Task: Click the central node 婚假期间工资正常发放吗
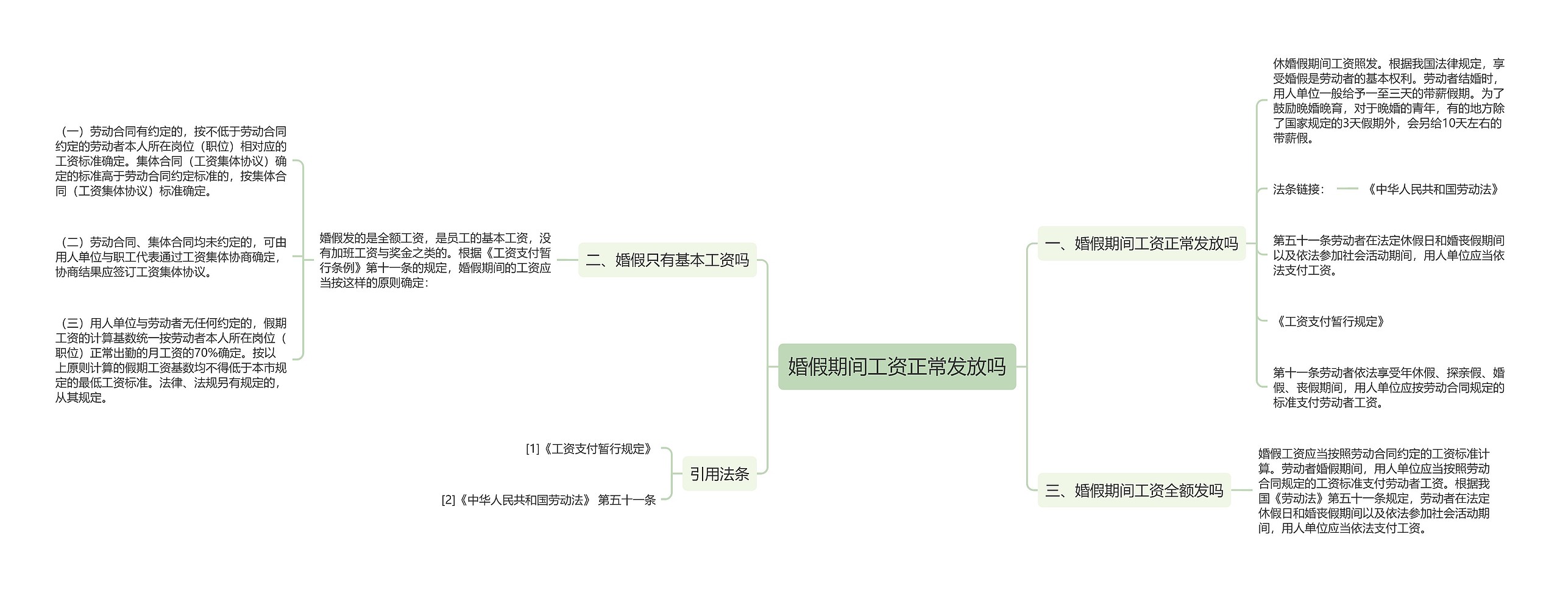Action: click(896, 367)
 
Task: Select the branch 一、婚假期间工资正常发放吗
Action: click(1141, 244)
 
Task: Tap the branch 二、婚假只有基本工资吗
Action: click(667, 260)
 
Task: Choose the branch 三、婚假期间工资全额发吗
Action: click(1133, 491)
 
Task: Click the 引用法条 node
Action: click(719, 474)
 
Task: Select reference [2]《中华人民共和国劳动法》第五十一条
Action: click(548, 500)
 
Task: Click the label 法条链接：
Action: click(1299, 190)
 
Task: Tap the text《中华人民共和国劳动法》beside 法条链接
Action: click(1433, 190)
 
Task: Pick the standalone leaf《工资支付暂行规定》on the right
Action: click(1329, 322)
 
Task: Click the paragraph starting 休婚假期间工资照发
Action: click(1388, 101)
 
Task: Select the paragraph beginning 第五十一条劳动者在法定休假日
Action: click(1388, 255)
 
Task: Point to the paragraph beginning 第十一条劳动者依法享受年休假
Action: click(1388, 388)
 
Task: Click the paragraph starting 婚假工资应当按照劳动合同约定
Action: click(1374, 491)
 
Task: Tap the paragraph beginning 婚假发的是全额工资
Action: click(435, 260)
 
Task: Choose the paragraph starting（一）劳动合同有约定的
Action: click(171, 161)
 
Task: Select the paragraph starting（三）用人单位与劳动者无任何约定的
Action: click(171, 360)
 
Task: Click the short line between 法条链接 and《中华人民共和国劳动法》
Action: click(1347, 189)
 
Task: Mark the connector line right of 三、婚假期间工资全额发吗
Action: click(1242, 491)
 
